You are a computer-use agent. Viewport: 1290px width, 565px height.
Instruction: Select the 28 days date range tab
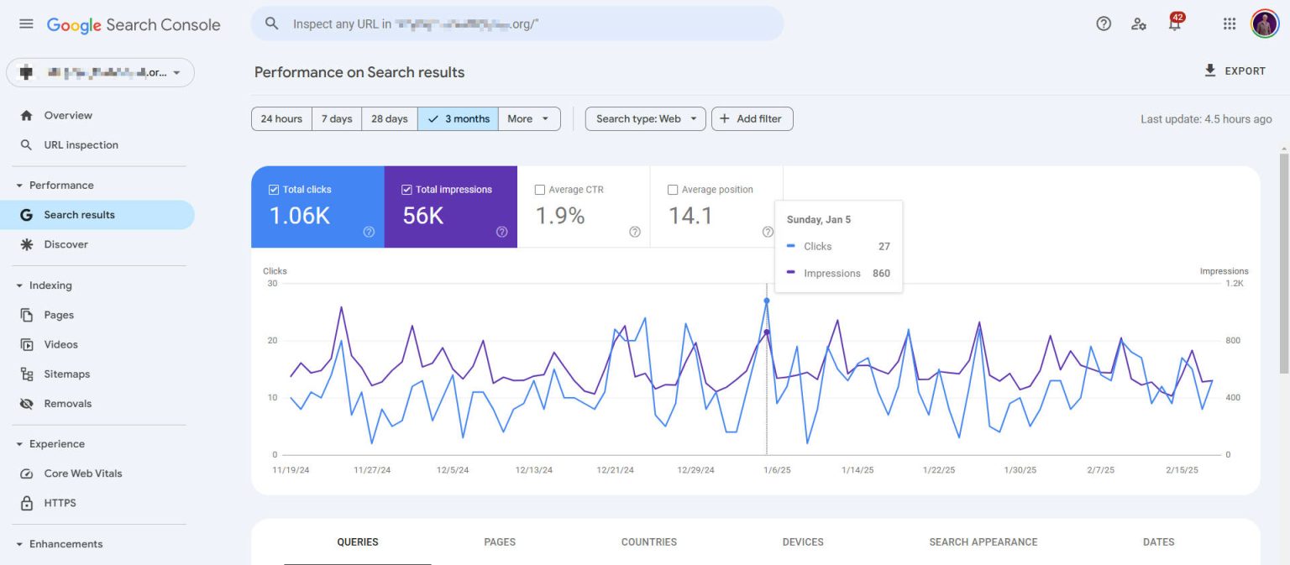pyautogui.click(x=389, y=119)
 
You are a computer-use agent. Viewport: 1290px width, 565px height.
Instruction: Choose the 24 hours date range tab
pyautogui.click(x=281, y=119)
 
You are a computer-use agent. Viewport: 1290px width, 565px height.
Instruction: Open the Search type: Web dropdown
pyautogui.click(x=645, y=119)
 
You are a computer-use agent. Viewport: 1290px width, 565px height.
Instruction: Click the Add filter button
pyautogui.click(x=752, y=119)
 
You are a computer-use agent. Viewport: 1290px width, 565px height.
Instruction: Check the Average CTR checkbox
pyautogui.click(x=540, y=190)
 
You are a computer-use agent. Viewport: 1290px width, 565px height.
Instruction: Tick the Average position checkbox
pyautogui.click(x=673, y=190)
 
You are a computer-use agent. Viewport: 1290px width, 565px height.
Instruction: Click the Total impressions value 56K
pyautogui.click(x=422, y=216)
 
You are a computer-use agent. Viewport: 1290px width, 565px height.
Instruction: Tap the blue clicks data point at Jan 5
pyautogui.click(x=766, y=301)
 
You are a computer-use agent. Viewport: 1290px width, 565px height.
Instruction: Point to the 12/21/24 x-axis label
pyautogui.click(x=616, y=470)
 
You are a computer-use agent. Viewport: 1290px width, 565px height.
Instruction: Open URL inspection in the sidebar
pyautogui.click(x=81, y=145)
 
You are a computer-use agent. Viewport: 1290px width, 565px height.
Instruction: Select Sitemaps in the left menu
pyautogui.click(x=66, y=374)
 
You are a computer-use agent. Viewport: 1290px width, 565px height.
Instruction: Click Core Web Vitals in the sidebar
pyautogui.click(x=82, y=473)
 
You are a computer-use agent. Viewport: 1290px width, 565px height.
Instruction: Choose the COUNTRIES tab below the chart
pyautogui.click(x=648, y=542)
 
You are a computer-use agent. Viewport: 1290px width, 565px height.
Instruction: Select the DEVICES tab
pyautogui.click(x=802, y=542)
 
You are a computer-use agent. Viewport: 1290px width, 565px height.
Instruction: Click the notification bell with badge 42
pyautogui.click(x=1174, y=24)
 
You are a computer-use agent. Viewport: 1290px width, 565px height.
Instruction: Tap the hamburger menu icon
pyautogui.click(x=26, y=24)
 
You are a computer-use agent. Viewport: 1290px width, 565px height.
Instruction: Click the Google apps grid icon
pyautogui.click(x=1230, y=24)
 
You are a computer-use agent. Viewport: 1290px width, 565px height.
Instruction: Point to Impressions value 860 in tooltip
pyautogui.click(x=880, y=274)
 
